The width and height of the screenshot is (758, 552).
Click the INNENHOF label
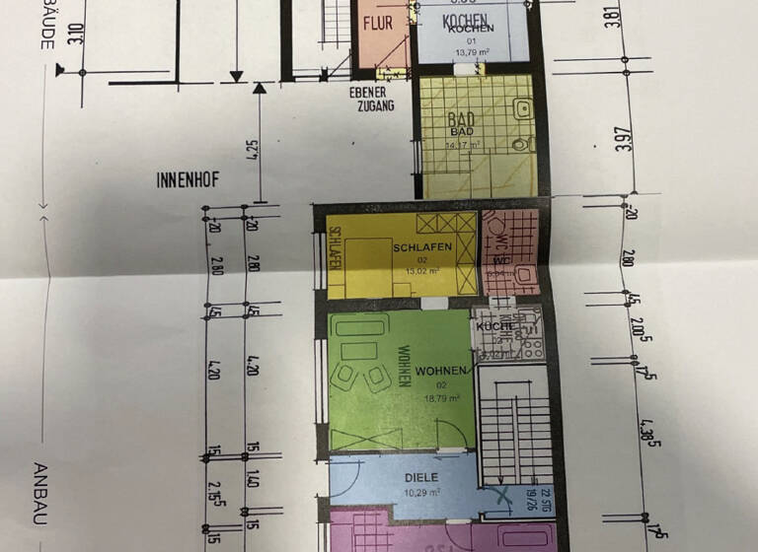click(x=186, y=180)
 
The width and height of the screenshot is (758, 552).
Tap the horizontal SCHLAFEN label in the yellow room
click(x=421, y=246)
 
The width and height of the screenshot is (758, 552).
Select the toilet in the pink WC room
click(x=523, y=274)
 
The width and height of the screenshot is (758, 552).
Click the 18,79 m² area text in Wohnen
click(x=441, y=398)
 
